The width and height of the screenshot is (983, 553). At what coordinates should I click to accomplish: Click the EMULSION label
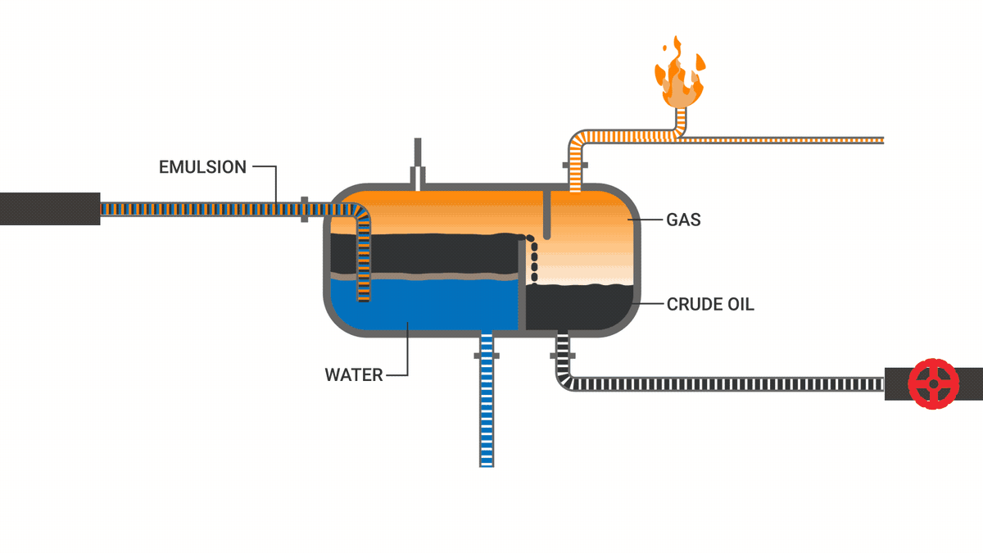pyautogui.click(x=202, y=167)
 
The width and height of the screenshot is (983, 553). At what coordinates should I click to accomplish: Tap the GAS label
pyautogui.click(x=683, y=220)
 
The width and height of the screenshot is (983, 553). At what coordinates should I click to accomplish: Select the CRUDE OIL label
pyautogui.click(x=710, y=305)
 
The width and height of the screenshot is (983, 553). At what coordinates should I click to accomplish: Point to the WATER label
pyautogui.click(x=354, y=375)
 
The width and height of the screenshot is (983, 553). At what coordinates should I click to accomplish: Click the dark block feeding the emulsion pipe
pyautogui.click(x=49, y=209)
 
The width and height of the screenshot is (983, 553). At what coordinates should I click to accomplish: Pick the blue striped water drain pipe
pyautogui.click(x=487, y=410)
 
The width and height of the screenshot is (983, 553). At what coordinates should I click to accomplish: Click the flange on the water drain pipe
pyautogui.click(x=487, y=356)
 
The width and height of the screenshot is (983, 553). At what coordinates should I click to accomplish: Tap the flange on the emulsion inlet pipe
pyautogui.click(x=304, y=209)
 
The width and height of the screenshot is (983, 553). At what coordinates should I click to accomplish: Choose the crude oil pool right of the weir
pyautogui.click(x=578, y=307)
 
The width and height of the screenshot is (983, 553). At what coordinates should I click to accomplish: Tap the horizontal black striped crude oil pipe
pyautogui.click(x=721, y=383)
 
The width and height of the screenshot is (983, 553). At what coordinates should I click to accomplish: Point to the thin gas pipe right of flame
pyautogui.click(x=786, y=139)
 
